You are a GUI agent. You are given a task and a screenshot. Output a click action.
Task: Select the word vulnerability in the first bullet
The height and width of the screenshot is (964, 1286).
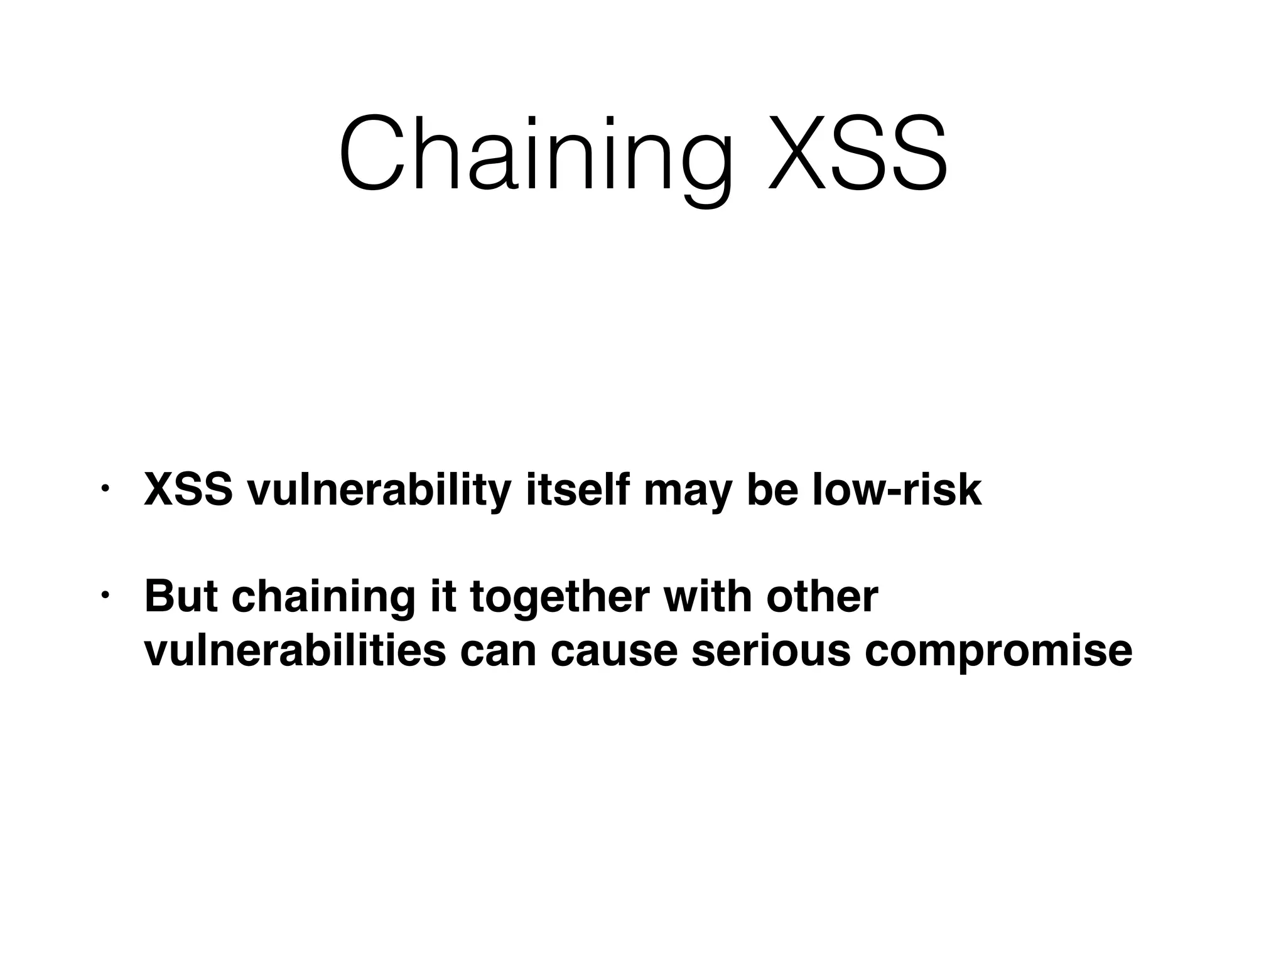tap(379, 491)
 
